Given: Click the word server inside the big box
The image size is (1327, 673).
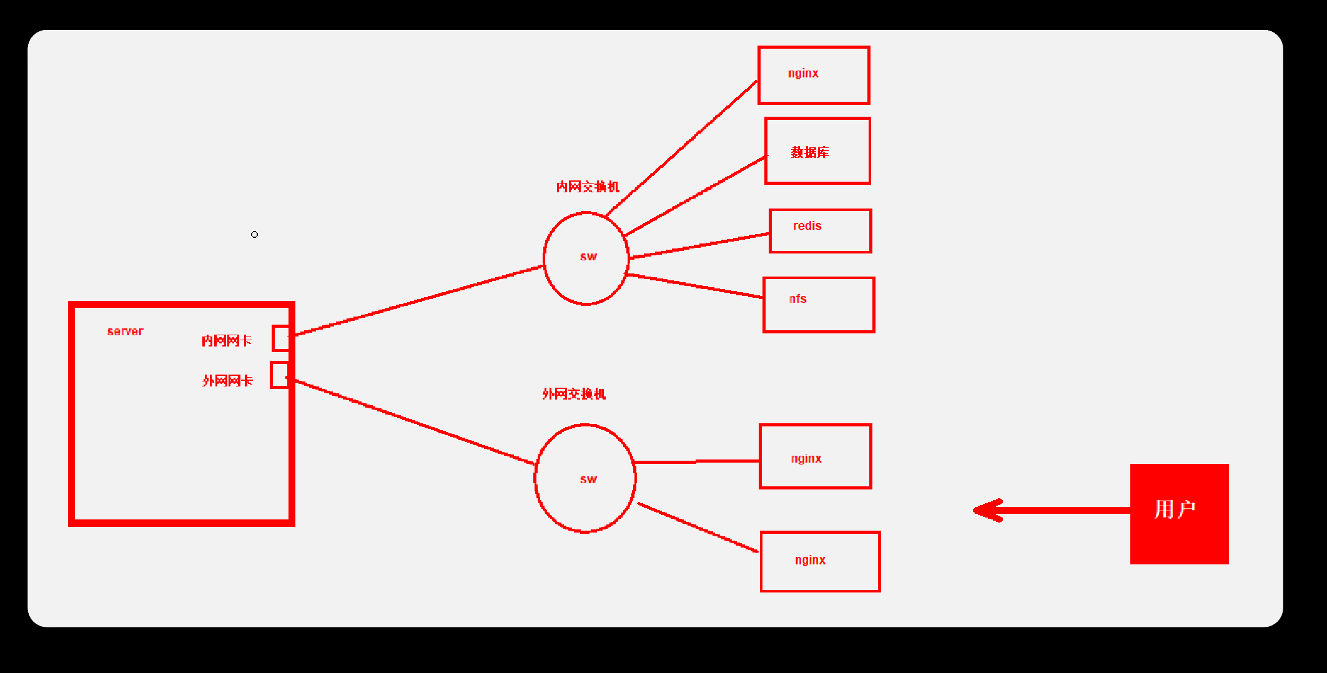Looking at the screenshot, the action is (x=125, y=331).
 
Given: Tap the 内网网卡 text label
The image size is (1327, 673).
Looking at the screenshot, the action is (x=227, y=341).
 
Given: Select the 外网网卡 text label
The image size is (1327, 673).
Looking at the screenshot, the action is (x=227, y=381).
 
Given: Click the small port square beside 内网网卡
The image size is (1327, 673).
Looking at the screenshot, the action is (x=281, y=338).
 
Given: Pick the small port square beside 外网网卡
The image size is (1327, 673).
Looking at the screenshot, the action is (x=280, y=375).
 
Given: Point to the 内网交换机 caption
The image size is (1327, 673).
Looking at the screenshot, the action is (x=588, y=187).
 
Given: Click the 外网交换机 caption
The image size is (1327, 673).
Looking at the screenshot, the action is (x=574, y=394).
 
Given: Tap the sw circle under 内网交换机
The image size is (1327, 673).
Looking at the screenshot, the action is (x=545, y=258).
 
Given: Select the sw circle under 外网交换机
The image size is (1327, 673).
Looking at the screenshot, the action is (x=535, y=478).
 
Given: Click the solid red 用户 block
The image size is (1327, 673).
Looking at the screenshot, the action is (x=1179, y=514).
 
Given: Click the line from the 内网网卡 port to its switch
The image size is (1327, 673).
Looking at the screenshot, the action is (x=418, y=300).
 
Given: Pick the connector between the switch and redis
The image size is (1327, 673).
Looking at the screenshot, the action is (x=699, y=245).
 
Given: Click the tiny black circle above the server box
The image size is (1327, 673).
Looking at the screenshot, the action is (x=254, y=235).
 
